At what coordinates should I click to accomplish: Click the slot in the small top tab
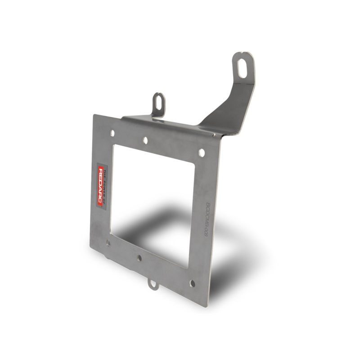click(x=159, y=101)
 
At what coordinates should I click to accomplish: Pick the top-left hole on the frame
click(x=112, y=133)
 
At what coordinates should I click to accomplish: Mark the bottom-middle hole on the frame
click(x=139, y=258)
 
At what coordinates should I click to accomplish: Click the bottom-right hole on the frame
click(x=193, y=283)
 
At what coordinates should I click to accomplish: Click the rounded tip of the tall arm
click(x=243, y=56)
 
